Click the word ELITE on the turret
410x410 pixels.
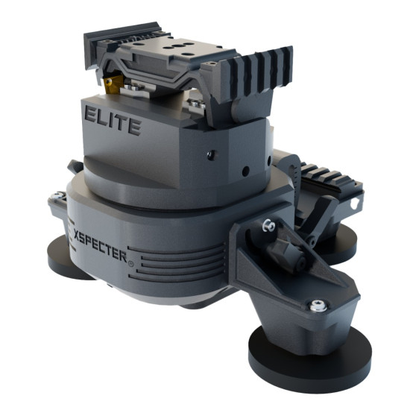[x=113, y=122]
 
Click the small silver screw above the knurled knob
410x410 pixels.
[x=265, y=224]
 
